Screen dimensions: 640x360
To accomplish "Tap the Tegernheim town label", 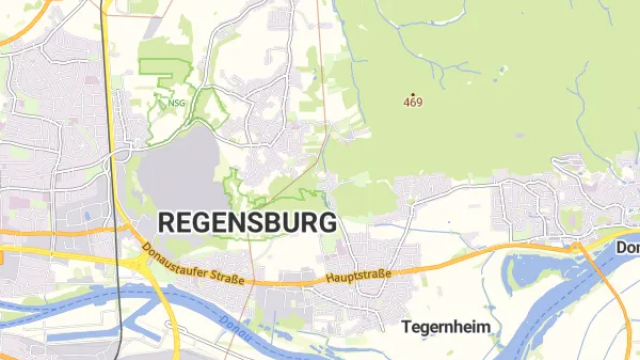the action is (x=448, y=326).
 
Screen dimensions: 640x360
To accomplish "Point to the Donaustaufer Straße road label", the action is (x=193, y=266).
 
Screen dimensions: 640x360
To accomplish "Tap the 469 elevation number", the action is (x=413, y=102).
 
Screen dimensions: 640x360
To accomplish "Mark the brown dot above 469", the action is (x=413, y=94).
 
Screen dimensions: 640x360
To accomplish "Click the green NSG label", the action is (x=177, y=102).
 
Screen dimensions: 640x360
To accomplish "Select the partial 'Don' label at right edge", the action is (x=628, y=246).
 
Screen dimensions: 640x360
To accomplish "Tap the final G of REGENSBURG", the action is (x=328, y=222).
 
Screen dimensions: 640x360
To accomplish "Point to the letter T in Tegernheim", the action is (x=406, y=326).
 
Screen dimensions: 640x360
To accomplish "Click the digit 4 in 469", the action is (x=407, y=102).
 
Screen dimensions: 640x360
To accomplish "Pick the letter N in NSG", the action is (x=172, y=102).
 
